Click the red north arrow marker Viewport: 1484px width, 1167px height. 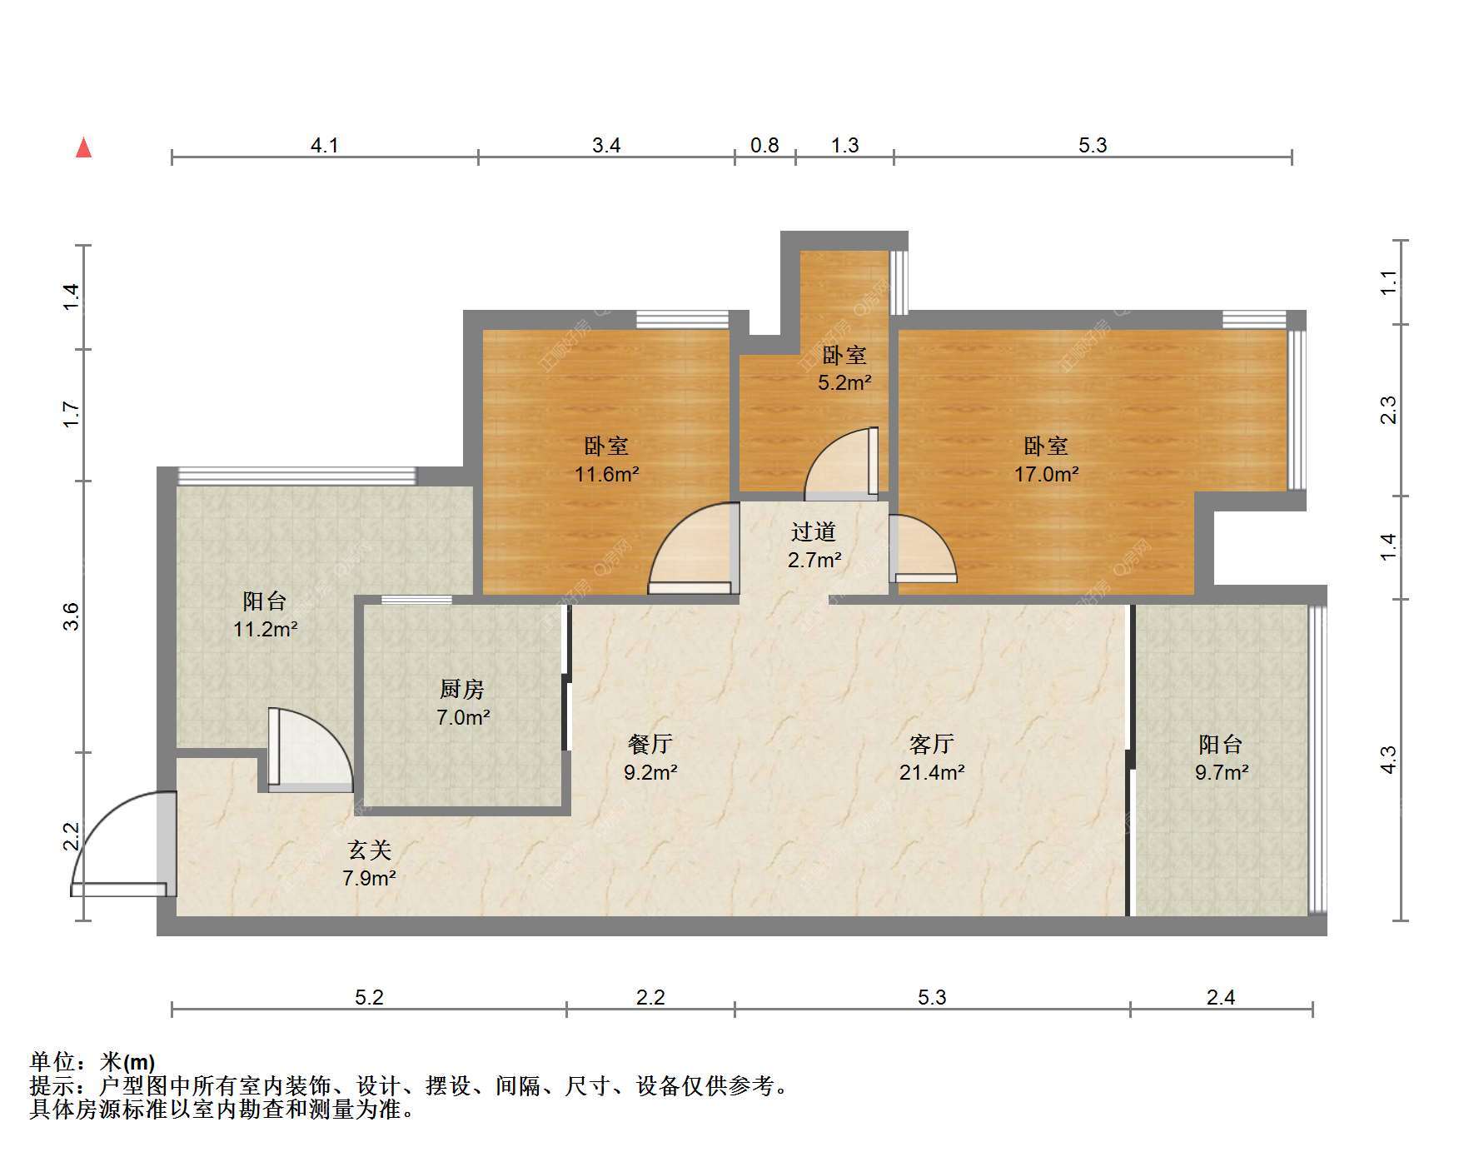click(x=83, y=147)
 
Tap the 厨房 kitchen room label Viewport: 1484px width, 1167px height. click(x=461, y=689)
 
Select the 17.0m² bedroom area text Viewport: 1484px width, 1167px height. click(x=1046, y=474)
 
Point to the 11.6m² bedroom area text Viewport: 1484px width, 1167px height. click(x=606, y=474)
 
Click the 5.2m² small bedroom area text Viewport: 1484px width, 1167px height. click(x=844, y=382)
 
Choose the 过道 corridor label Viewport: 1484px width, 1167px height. click(x=813, y=531)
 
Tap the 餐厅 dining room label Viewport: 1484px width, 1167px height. click(x=650, y=743)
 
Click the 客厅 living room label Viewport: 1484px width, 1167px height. click(x=931, y=743)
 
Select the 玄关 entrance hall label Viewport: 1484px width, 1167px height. click(x=369, y=850)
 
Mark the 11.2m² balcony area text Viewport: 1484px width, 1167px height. click(x=265, y=629)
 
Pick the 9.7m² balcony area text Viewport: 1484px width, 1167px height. click(x=1221, y=772)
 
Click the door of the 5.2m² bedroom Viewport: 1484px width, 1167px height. click(x=841, y=463)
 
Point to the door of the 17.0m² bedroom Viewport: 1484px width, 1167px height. click(x=923, y=548)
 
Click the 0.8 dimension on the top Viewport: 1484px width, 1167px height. click(x=764, y=145)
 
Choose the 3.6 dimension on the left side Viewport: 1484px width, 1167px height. click(x=72, y=616)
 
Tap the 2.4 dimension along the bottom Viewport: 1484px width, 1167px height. click(x=1221, y=997)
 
